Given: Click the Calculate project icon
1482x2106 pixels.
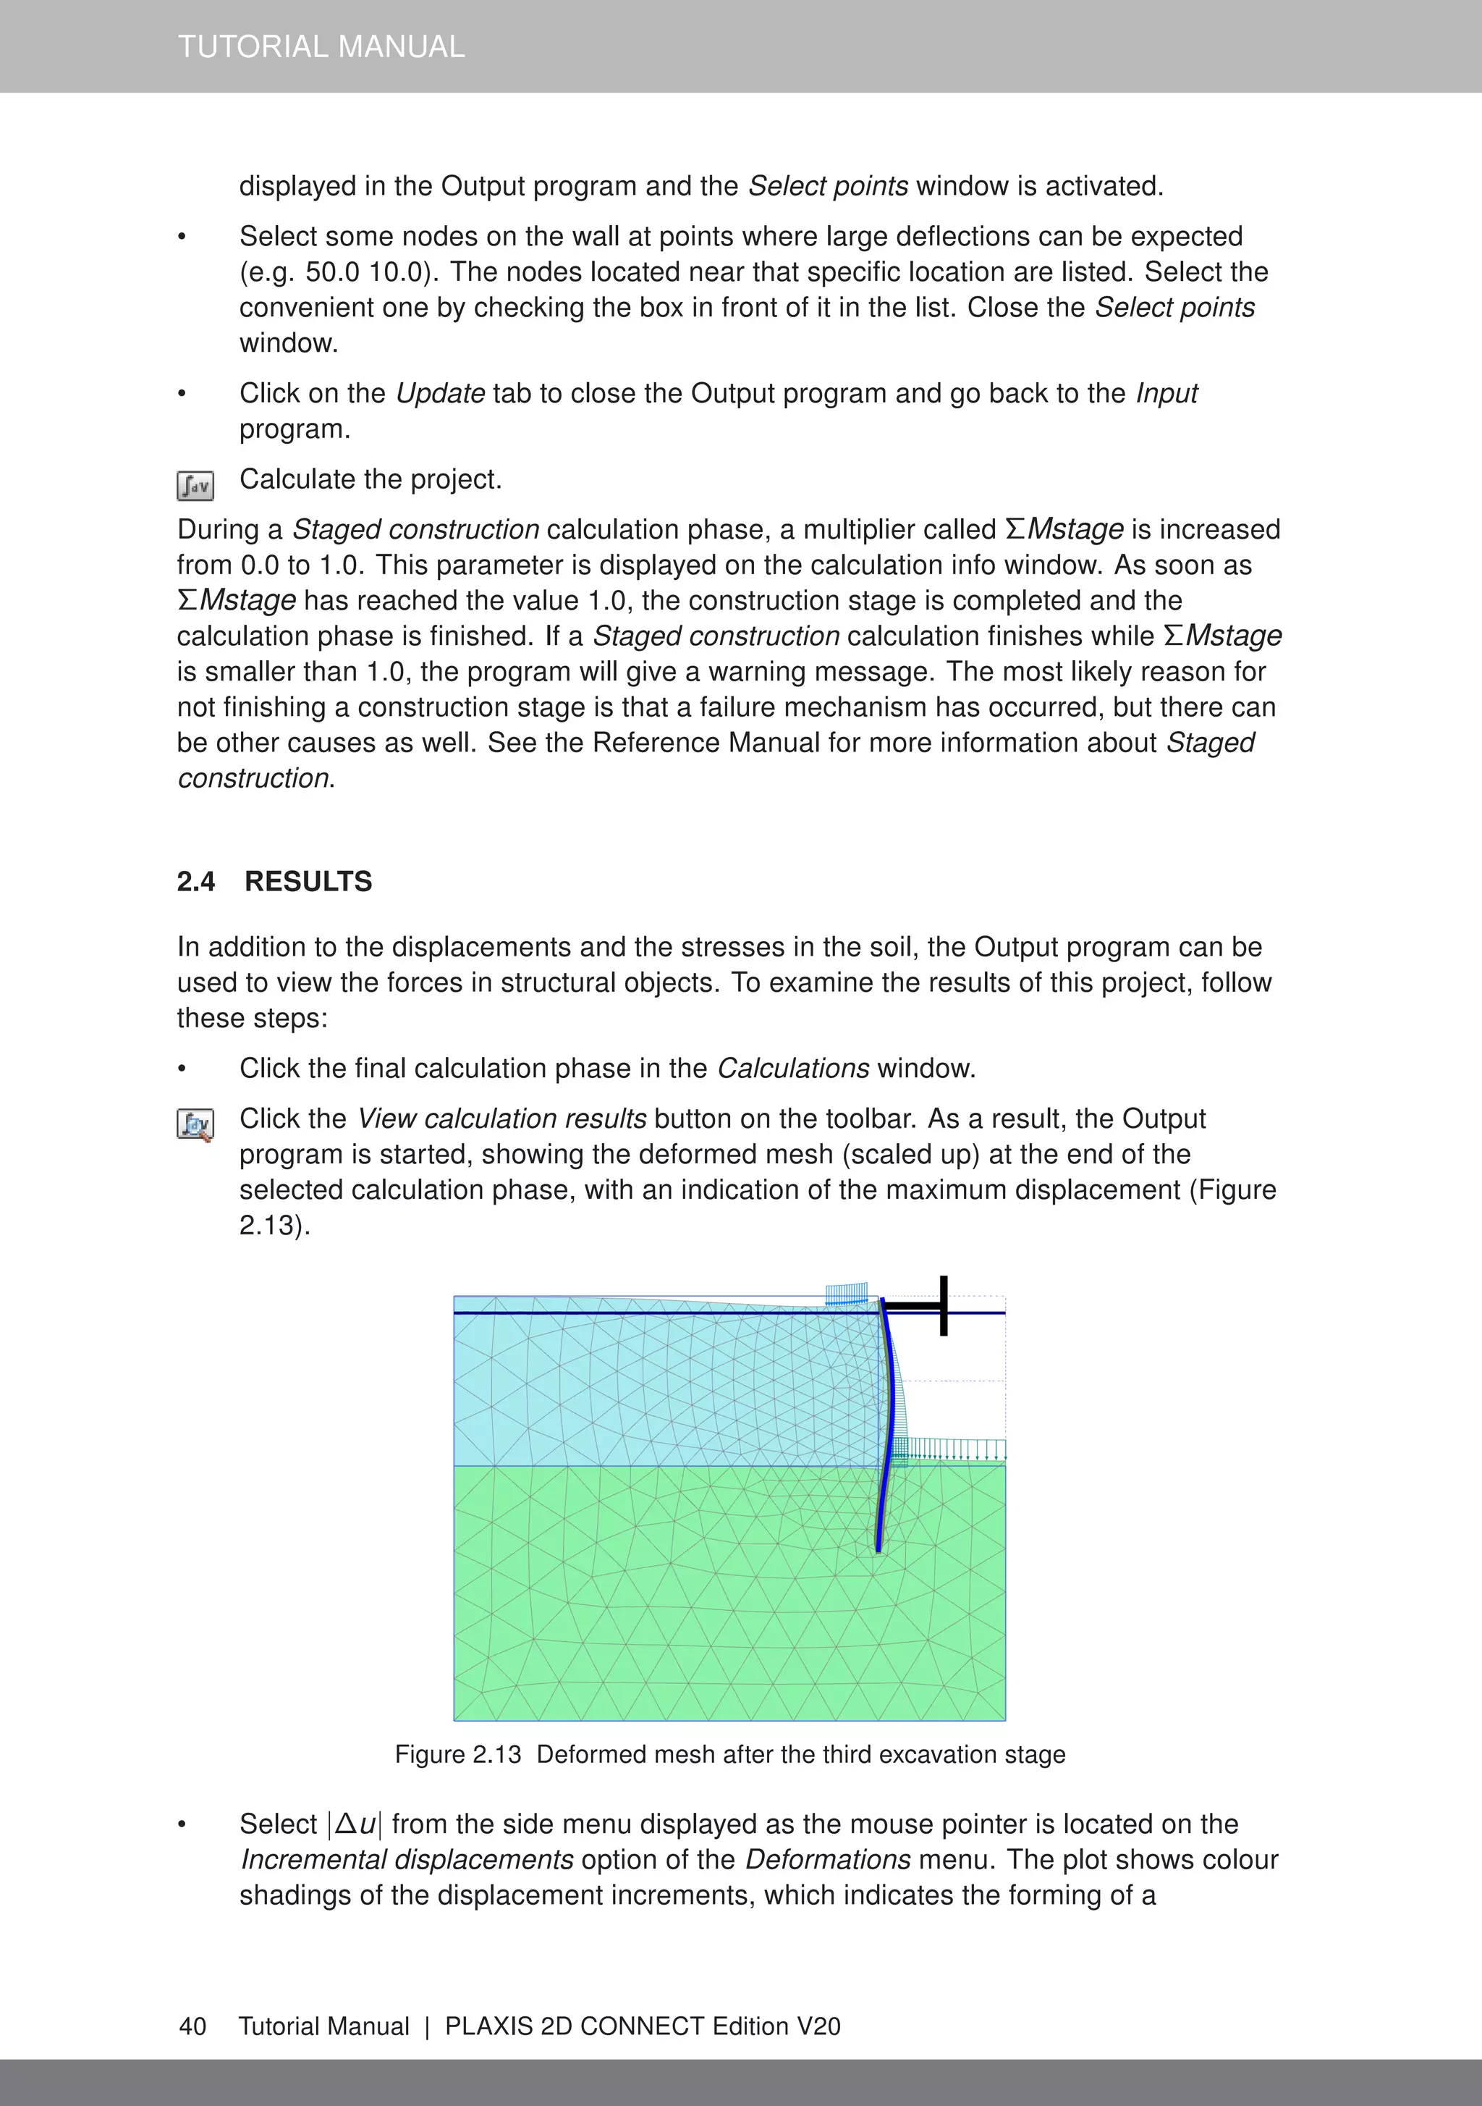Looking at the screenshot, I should pyautogui.click(x=195, y=485).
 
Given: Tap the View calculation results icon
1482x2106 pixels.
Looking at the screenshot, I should pyautogui.click(x=195, y=1124).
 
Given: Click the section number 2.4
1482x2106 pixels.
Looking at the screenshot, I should pyautogui.click(x=195, y=882).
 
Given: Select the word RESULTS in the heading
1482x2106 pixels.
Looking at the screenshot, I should pyautogui.click(x=308, y=882).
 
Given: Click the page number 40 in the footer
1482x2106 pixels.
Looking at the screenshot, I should pyautogui.click(x=192, y=2026).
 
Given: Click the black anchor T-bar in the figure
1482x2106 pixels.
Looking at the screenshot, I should pyautogui.click(x=942, y=1305).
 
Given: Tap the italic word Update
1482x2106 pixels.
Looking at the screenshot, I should pyautogui.click(x=440, y=394).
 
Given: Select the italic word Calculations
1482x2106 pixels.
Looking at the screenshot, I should pyautogui.click(x=792, y=1069).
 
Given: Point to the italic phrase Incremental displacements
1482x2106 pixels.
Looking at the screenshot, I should pyautogui.click(x=406, y=1859).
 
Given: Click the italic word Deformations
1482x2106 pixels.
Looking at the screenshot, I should pyautogui.click(x=827, y=1859).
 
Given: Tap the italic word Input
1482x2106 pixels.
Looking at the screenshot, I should pyautogui.click(x=1166, y=394).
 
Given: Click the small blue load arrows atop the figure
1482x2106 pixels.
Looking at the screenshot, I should pyautogui.click(x=845, y=1295).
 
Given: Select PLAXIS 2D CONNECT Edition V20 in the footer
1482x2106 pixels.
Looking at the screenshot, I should pyautogui.click(x=642, y=2026).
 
